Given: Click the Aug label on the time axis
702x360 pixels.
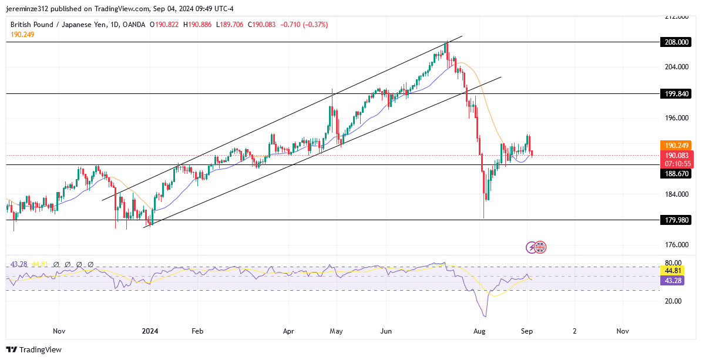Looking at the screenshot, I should tap(480, 331).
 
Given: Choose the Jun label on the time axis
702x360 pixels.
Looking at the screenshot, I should tap(386, 331).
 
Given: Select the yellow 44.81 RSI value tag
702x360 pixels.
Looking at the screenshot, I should tap(671, 270).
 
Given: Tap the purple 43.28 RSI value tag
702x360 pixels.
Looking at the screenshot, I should tap(671, 280).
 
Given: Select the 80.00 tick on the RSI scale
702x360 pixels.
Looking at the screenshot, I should tap(673, 263).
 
